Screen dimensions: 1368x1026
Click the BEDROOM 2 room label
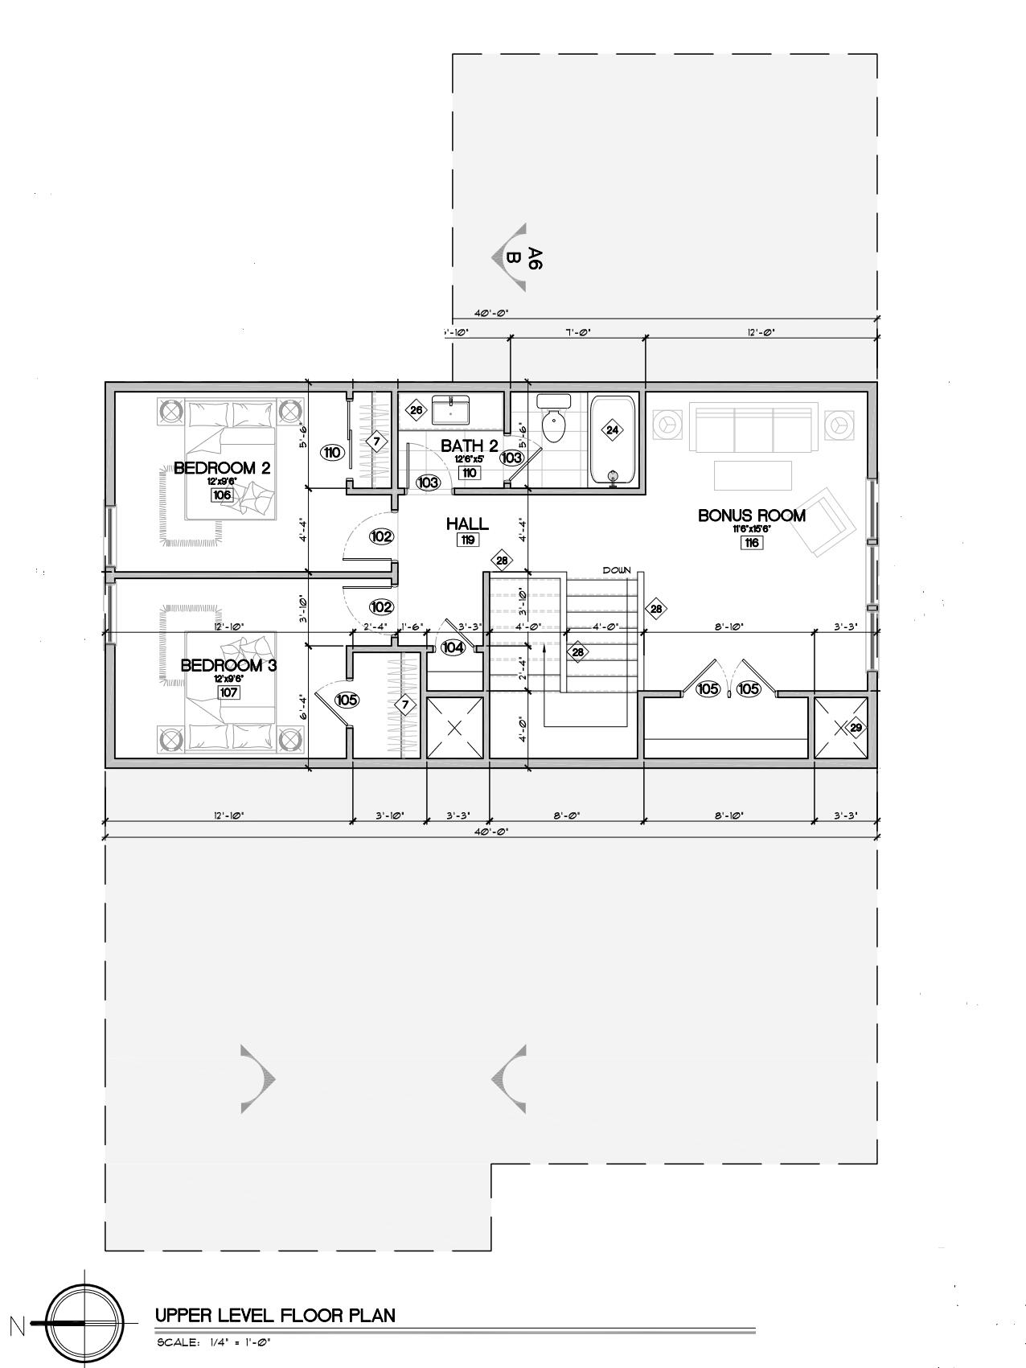[x=221, y=468]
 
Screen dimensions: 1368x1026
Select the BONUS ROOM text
[x=751, y=516]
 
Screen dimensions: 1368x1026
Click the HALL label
[x=467, y=524]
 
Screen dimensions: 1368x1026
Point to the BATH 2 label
[x=470, y=446]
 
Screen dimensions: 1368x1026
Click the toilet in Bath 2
[x=554, y=423]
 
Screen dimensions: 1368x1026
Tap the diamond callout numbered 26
[x=416, y=410]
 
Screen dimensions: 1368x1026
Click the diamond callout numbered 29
[x=856, y=728]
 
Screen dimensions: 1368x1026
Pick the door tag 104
[x=453, y=647]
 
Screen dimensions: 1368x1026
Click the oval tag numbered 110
[x=332, y=453]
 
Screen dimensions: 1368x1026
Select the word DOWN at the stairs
[x=617, y=570]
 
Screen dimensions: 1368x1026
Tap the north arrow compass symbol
[x=84, y=1323]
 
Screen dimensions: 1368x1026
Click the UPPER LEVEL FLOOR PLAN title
[x=275, y=1316]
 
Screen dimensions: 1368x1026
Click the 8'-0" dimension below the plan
[x=567, y=815]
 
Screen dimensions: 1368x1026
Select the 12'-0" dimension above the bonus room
[x=761, y=331]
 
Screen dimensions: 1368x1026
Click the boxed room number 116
[x=752, y=543]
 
